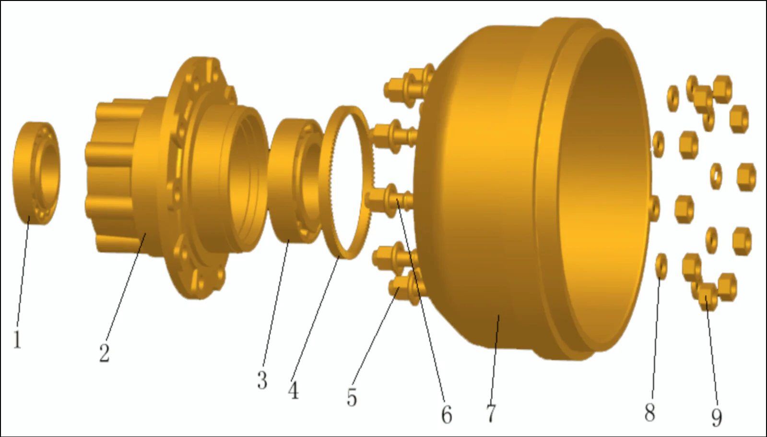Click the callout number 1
click(x=17, y=340)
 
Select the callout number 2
click(x=105, y=353)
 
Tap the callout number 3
click(x=262, y=380)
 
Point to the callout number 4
click(x=293, y=390)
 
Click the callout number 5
click(x=352, y=398)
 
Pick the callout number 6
click(x=446, y=414)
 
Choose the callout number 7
click(x=491, y=413)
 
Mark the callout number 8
click(x=649, y=412)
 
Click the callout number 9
click(x=716, y=417)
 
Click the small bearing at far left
click(x=36, y=173)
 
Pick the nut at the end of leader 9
click(x=707, y=297)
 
